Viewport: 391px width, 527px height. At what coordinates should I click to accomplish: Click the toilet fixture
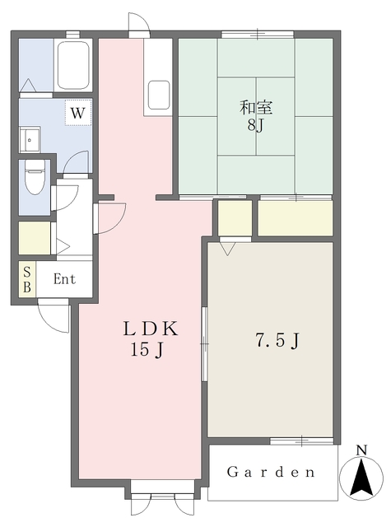coord(35,176)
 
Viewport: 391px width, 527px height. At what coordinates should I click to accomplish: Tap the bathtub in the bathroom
coord(73,65)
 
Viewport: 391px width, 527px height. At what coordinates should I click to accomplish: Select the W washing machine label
coord(77,113)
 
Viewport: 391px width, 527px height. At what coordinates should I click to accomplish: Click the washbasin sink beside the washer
coord(30,140)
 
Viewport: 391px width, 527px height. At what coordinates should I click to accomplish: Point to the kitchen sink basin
coord(159,96)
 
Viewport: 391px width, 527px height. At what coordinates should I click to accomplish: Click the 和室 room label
coord(256,108)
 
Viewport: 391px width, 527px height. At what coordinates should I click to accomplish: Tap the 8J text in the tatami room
coord(255,125)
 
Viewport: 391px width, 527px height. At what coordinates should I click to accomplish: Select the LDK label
coord(151,329)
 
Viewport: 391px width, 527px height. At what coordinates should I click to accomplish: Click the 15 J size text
coord(147,350)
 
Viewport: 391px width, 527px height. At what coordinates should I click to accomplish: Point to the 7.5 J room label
coord(277,341)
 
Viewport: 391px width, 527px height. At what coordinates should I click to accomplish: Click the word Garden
coord(271,472)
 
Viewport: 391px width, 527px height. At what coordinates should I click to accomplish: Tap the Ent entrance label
coord(64,279)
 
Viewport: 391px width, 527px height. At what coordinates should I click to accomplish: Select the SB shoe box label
coord(27,279)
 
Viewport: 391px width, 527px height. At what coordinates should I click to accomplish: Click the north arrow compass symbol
coord(361,477)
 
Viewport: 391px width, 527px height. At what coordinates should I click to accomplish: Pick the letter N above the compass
coord(361,450)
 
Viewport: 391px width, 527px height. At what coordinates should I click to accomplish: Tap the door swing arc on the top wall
coord(139,22)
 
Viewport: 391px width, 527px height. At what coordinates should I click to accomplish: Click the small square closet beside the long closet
coord(235,218)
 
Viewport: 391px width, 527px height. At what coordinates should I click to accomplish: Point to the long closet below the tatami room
coord(296,218)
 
